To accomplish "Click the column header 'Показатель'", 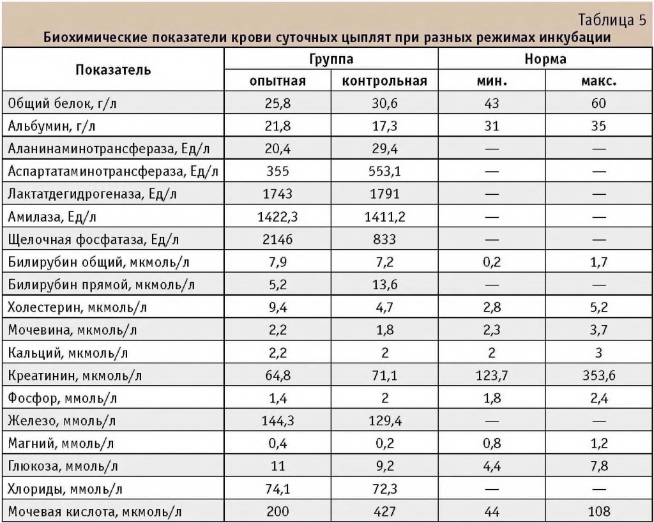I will pyautogui.click(x=113, y=70).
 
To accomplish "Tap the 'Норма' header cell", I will pyautogui.click(x=545, y=59).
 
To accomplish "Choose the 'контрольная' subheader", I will pyautogui.click(x=384, y=81).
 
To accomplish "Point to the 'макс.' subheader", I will pyautogui.click(x=598, y=81).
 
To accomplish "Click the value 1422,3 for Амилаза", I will pyautogui.click(x=278, y=217).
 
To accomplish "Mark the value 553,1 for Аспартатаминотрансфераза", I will pyautogui.click(x=384, y=172).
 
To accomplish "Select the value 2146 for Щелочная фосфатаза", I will pyautogui.click(x=278, y=240).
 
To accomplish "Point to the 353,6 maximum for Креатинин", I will pyautogui.click(x=598, y=375).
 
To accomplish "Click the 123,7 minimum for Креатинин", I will pyautogui.click(x=492, y=375).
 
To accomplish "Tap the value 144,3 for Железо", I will pyautogui.click(x=278, y=421).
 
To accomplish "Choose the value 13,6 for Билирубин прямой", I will pyautogui.click(x=384, y=285).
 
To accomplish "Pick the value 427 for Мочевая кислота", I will pyautogui.click(x=384, y=512).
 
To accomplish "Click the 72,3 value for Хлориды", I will pyautogui.click(x=384, y=489).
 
